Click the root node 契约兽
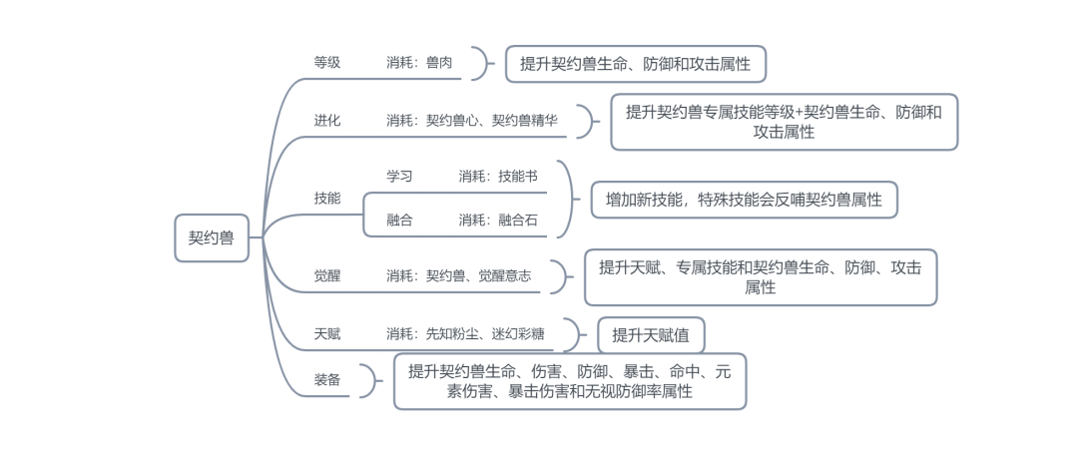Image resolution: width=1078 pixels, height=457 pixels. click(212, 237)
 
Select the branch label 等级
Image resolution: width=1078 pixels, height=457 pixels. click(327, 62)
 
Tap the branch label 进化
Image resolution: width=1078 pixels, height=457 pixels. click(327, 120)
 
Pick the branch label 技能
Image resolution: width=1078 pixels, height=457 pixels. click(327, 198)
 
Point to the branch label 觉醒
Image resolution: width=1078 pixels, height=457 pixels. click(327, 275)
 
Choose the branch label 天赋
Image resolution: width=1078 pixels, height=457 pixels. click(327, 333)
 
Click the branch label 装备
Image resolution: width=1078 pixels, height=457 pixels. click(327, 380)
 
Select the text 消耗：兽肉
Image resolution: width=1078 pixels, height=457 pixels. click(419, 62)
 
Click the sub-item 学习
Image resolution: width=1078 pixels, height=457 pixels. click(399, 176)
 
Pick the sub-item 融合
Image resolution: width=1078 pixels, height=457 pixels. click(399, 220)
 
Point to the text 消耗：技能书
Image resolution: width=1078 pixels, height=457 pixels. click(498, 176)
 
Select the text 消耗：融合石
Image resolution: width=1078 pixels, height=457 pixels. click(498, 220)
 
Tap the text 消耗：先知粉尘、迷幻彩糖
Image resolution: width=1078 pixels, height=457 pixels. click(465, 333)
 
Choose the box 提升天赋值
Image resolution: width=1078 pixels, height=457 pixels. click(651, 335)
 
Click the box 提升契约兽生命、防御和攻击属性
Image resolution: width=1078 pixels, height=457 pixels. click(635, 64)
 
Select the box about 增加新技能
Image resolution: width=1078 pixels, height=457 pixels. click(745, 199)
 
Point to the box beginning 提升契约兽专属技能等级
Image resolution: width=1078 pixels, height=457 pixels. click(784, 122)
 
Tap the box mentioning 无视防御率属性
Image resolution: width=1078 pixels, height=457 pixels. click(570, 381)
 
